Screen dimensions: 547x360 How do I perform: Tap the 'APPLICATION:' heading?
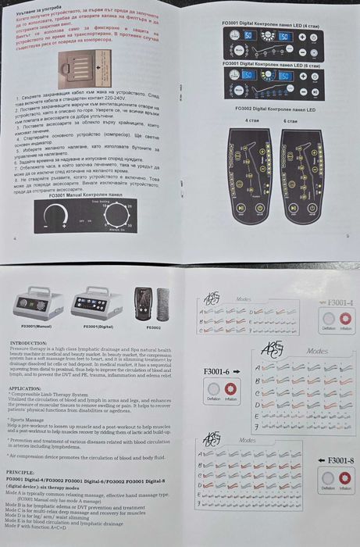pyautogui.click(x=26, y=388)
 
